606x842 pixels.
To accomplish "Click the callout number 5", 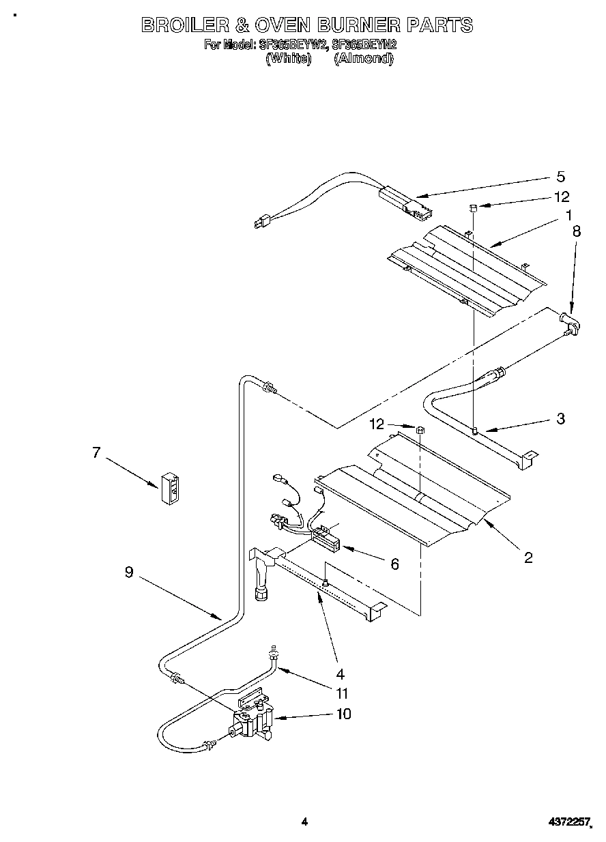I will pyautogui.click(x=560, y=177).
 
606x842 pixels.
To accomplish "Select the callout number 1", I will pyautogui.click(x=568, y=216).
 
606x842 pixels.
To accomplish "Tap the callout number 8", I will pyautogui.click(x=577, y=231).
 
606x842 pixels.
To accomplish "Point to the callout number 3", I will pyautogui.click(x=560, y=419).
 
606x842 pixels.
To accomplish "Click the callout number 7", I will pyautogui.click(x=96, y=452).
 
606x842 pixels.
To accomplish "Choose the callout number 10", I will pyautogui.click(x=343, y=714).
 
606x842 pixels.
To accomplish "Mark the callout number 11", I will pyautogui.click(x=342, y=693).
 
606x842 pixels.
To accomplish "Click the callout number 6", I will pyautogui.click(x=394, y=564).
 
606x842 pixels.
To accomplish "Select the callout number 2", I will pyautogui.click(x=528, y=557).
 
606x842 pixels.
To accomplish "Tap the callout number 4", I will pyautogui.click(x=340, y=674).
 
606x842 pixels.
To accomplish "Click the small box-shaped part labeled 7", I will pyautogui.click(x=171, y=488).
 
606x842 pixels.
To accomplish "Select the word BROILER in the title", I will pyautogui.click(x=183, y=25).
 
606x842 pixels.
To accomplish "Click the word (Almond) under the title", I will pyautogui.click(x=363, y=59).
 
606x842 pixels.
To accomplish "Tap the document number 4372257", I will pyautogui.click(x=568, y=822).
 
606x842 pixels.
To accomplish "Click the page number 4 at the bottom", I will pyautogui.click(x=304, y=822).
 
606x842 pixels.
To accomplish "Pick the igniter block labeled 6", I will pyautogui.click(x=326, y=542).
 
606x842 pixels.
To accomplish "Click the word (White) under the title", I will pyautogui.click(x=288, y=59).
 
